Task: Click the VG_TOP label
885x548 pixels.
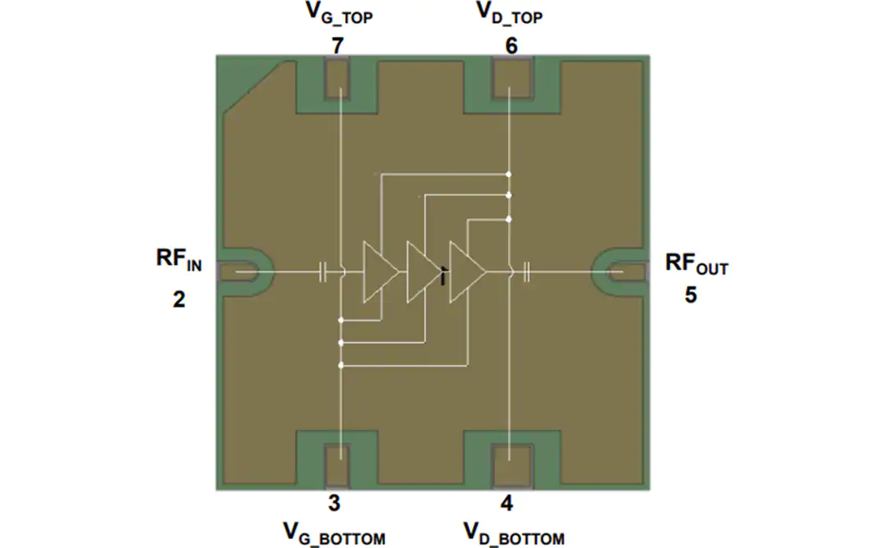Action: click(x=338, y=14)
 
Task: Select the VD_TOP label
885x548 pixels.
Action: click(x=509, y=14)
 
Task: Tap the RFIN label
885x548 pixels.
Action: click(x=179, y=260)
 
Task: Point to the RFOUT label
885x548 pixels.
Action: click(x=697, y=264)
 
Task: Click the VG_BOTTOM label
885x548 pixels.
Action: click(x=334, y=534)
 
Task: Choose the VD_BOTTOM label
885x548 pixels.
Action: click(x=514, y=534)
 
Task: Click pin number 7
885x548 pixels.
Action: click(x=338, y=46)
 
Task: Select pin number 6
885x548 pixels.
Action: click(x=511, y=46)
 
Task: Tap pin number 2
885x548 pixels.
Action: click(x=179, y=299)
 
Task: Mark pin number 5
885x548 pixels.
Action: click(x=690, y=295)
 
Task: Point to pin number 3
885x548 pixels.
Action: click(x=334, y=503)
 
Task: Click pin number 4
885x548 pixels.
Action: click(x=507, y=503)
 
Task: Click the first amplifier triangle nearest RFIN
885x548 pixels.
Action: click(x=380, y=272)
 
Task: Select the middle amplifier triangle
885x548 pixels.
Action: click(x=424, y=272)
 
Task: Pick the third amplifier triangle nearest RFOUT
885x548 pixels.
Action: click(x=467, y=272)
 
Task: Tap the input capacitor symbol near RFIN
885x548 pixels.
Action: click(x=323, y=272)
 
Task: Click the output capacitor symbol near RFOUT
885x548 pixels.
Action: click(x=526, y=272)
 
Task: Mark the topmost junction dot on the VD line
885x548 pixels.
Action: click(x=509, y=175)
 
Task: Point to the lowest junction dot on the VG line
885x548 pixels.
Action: click(x=341, y=366)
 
